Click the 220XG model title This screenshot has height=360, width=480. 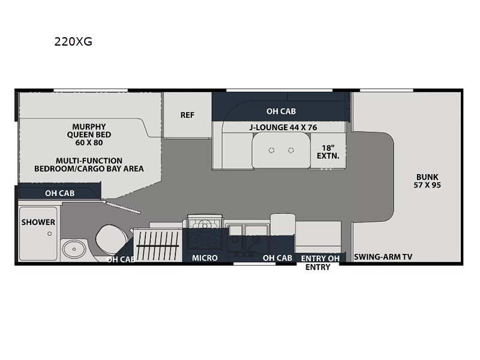tap(73, 41)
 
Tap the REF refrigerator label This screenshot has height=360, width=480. tap(187, 115)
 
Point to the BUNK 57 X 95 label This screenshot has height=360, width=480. tap(427, 181)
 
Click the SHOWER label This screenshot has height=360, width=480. tap(38, 222)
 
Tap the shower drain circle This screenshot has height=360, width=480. tap(50, 233)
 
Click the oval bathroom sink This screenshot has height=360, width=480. tap(74, 249)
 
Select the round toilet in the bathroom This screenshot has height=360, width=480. tap(111, 239)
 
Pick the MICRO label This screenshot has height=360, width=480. tap(205, 258)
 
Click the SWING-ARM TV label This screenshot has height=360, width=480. tap(383, 257)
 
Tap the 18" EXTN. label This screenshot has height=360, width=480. tap(328, 152)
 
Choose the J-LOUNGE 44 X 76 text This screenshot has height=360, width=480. tap(283, 127)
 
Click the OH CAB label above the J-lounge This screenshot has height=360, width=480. tap(281, 111)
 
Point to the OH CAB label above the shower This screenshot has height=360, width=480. tap(59, 193)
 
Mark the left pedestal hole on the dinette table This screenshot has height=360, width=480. tap(272, 151)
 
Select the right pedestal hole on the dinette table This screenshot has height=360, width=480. tap(291, 151)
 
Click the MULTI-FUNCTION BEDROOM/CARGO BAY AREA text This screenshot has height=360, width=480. tap(89, 164)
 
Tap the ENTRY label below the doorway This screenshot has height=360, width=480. tap(318, 267)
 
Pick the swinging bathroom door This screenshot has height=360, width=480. tap(122, 207)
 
